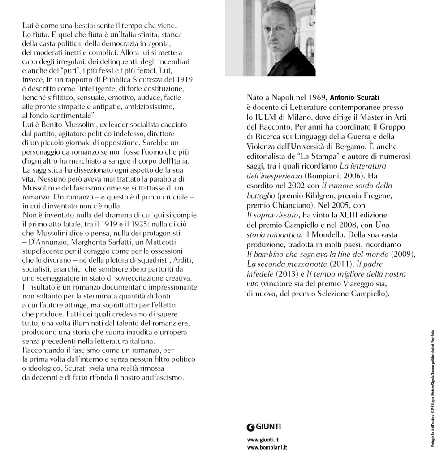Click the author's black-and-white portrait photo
(270, 38)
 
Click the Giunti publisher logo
(264, 427)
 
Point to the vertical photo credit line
(433, 387)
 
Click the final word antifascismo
(162, 377)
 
